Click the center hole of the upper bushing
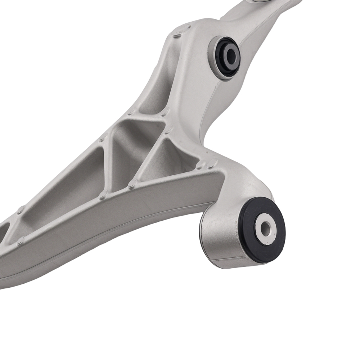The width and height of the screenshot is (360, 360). point(231,55)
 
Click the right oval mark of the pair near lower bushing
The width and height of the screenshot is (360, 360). point(212,163)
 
